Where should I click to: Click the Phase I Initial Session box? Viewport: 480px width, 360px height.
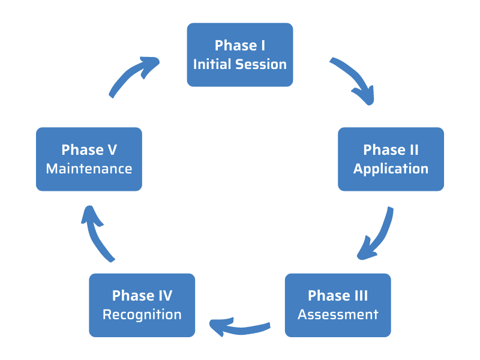pos(240,55)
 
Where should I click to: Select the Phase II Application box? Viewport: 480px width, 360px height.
pos(391,159)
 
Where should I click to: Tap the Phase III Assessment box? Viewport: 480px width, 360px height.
pos(338,305)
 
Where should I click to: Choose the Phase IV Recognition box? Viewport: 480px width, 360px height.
pos(142,305)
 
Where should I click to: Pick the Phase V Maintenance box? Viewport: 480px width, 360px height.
pos(89,159)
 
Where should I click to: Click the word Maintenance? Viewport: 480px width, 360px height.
pos(89,169)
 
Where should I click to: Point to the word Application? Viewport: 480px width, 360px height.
pos(391,169)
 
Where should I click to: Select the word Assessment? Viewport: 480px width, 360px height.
pos(338,314)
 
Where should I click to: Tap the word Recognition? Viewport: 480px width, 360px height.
pos(142,314)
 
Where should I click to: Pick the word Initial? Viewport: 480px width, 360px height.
pos(211,64)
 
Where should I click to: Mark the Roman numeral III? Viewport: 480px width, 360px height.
pos(360,295)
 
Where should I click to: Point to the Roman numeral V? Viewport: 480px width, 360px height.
pos(111,149)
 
